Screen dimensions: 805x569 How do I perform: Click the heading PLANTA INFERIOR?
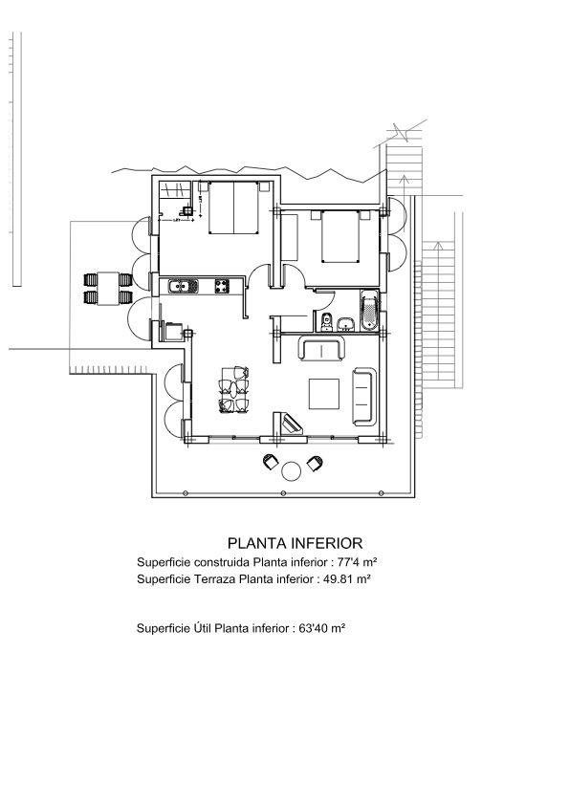(x=294, y=543)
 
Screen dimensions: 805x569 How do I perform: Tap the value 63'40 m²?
(x=322, y=629)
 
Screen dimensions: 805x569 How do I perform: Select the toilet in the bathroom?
(x=325, y=322)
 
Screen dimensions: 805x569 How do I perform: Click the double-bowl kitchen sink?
(x=183, y=286)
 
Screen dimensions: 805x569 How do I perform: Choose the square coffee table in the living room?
(x=325, y=393)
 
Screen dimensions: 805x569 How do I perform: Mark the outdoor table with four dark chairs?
(x=106, y=287)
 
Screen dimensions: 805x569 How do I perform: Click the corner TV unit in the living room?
(x=292, y=422)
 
